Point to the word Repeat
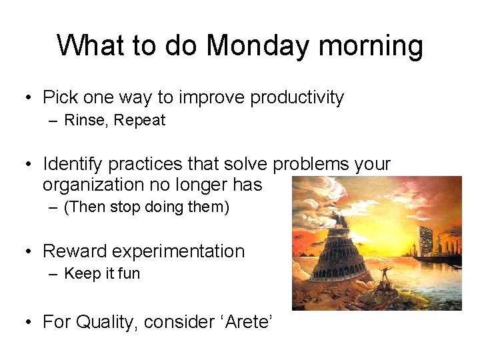pos(139,121)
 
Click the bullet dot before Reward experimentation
pos(28,252)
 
